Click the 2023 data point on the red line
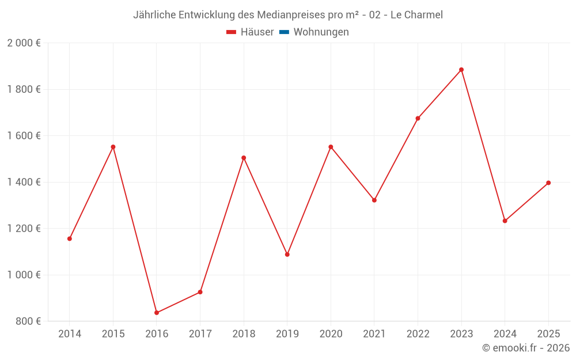461,70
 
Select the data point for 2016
157,313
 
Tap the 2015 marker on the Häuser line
113,147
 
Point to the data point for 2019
287,254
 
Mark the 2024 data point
505,221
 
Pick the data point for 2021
374,200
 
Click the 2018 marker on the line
244,158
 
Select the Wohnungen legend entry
321,32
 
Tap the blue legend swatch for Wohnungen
284,32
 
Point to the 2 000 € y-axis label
24,43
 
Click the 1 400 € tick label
24,182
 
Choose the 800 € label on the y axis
28,321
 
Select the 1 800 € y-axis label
24,89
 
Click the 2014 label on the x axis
70,334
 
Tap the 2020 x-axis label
331,334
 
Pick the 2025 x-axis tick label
548,334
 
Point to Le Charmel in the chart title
416,15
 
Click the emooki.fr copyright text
526,348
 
